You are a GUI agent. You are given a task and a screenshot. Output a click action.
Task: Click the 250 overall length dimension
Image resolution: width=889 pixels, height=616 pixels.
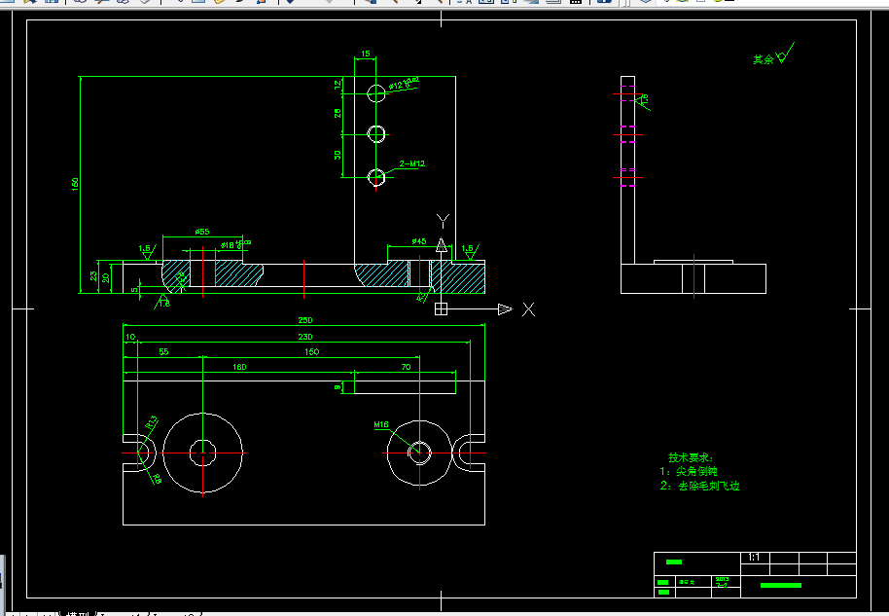(x=304, y=321)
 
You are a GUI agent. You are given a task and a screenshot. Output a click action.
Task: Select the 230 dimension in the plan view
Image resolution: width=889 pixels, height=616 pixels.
(x=304, y=337)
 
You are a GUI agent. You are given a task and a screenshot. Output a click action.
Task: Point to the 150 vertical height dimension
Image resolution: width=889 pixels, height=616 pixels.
(x=75, y=184)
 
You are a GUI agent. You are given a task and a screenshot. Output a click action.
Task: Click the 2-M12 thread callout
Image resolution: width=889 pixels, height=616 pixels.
(x=412, y=164)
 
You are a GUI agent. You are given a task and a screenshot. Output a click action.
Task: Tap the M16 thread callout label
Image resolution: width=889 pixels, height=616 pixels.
(x=381, y=425)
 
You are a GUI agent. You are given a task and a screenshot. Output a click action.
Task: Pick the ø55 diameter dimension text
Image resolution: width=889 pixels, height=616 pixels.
(x=202, y=232)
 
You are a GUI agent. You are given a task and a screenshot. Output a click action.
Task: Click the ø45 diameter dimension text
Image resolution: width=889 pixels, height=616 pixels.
(x=419, y=240)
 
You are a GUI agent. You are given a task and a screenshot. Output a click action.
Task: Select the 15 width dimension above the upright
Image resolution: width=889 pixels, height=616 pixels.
(x=365, y=54)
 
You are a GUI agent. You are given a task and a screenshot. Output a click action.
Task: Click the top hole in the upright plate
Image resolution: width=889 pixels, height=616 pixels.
(x=376, y=92)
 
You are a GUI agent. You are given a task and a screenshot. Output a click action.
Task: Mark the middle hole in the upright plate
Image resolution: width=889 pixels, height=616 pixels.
(x=376, y=133)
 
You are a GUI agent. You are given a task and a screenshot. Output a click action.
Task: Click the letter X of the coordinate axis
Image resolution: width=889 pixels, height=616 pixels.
(x=528, y=309)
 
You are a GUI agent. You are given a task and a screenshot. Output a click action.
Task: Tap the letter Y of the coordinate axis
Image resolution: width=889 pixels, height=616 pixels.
(x=442, y=220)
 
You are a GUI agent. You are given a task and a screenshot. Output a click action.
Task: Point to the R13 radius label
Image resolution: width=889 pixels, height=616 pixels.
(x=152, y=423)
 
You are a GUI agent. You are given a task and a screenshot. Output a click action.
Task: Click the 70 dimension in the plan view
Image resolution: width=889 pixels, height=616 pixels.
(x=405, y=367)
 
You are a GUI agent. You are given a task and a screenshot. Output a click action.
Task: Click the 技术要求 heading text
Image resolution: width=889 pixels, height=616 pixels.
(x=691, y=457)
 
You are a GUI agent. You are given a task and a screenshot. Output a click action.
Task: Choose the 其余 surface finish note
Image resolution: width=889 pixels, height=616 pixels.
(x=764, y=59)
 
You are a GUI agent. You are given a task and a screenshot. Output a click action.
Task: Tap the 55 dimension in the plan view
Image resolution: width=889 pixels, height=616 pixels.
(x=162, y=351)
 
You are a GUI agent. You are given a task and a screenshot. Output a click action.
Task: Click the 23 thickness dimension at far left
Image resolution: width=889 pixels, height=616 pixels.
(x=93, y=277)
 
